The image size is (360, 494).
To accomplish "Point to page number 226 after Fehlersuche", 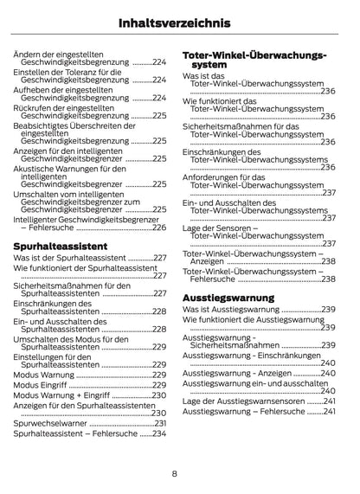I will pyautogui.click(x=159, y=228).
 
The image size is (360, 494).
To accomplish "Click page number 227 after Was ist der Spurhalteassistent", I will pyautogui.click(x=159, y=259).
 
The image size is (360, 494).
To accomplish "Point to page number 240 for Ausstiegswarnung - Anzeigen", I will pyautogui.click(x=329, y=373).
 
